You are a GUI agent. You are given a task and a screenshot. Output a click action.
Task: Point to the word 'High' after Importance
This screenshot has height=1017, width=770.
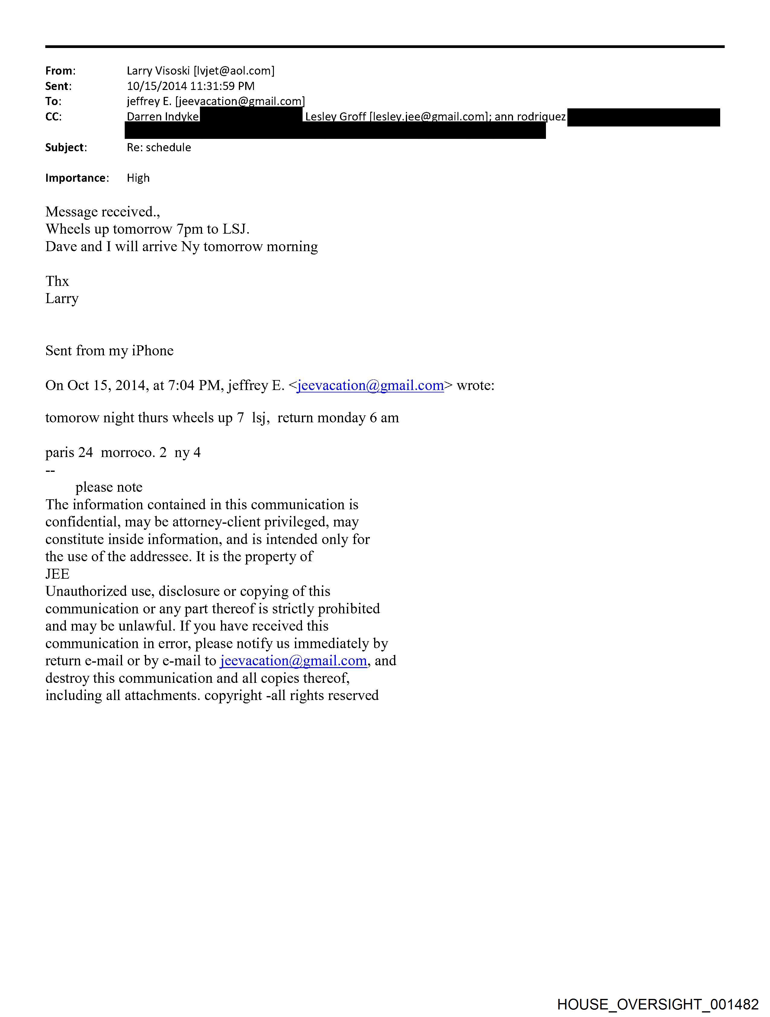138,178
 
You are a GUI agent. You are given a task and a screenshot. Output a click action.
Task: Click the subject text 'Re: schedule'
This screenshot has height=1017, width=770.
159,148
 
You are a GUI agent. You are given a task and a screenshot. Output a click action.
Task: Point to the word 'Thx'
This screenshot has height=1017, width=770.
57,281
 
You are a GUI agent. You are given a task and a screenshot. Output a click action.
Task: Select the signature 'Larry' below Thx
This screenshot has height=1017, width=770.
62,298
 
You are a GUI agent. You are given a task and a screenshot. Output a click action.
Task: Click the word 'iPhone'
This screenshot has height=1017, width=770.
153,351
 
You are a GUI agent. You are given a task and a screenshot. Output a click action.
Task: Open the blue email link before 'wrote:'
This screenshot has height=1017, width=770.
370,385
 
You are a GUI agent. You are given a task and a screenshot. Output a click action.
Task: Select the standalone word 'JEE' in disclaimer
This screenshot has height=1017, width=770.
57,574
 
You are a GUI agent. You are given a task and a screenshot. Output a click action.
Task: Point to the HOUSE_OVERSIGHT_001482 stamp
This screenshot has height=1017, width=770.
657,1004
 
